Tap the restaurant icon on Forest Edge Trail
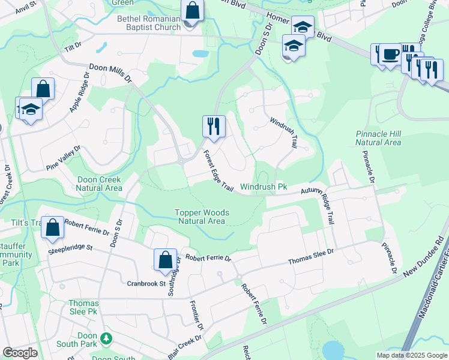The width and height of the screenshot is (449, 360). click(x=214, y=127)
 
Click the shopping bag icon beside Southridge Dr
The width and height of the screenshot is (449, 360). click(x=165, y=260)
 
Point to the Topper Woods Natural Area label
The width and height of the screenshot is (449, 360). click(x=200, y=217)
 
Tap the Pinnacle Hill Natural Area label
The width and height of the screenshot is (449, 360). click(x=378, y=138)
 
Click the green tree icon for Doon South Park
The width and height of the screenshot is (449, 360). click(x=106, y=339)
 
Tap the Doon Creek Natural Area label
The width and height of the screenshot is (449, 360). click(x=99, y=184)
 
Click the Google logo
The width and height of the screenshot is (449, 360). click(x=20, y=353)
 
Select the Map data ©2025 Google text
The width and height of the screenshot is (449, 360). click(x=411, y=355)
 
